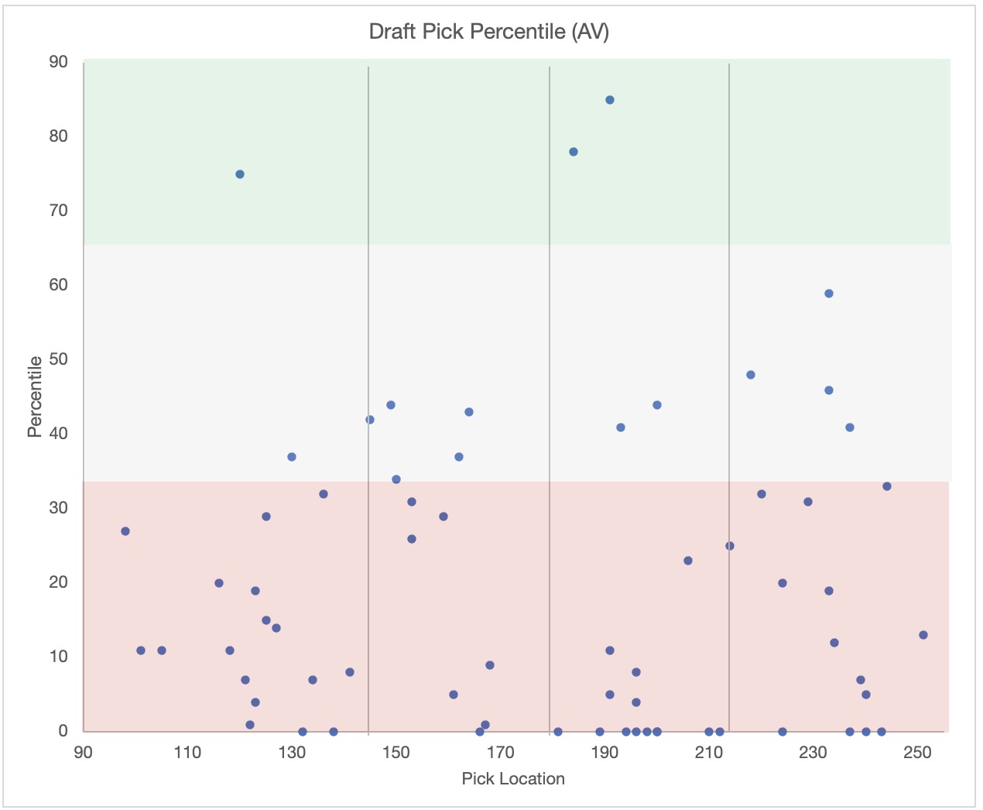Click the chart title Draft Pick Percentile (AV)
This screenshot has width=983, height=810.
tap(488, 32)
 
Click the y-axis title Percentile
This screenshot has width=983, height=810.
tap(35, 396)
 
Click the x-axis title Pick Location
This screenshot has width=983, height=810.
tap(513, 779)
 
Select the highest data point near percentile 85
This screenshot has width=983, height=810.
tap(610, 100)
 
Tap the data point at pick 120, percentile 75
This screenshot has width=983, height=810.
tap(240, 174)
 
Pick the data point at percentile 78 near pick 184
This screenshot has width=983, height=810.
tap(574, 152)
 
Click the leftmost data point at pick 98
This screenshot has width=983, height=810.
tap(125, 531)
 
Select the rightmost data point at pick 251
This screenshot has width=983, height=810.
tap(923, 635)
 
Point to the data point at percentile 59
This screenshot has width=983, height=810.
tap(829, 293)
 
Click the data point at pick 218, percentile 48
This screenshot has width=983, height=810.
tap(751, 375)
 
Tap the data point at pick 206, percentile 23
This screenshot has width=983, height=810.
tap(688, 561)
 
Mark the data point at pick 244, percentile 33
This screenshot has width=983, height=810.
tap(887, 486)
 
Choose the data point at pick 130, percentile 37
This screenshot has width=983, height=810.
tap(292, 457)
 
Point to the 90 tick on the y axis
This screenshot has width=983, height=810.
tap(59, 62)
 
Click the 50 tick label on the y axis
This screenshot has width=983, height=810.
tap(59, 359)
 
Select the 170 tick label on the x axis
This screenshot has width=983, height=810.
tap(501, 753)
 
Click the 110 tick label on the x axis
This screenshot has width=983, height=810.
tap(187, 753)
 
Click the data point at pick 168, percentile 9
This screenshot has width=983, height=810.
tap(490, 665)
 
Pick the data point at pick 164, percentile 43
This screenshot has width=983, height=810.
tap(469, 412)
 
